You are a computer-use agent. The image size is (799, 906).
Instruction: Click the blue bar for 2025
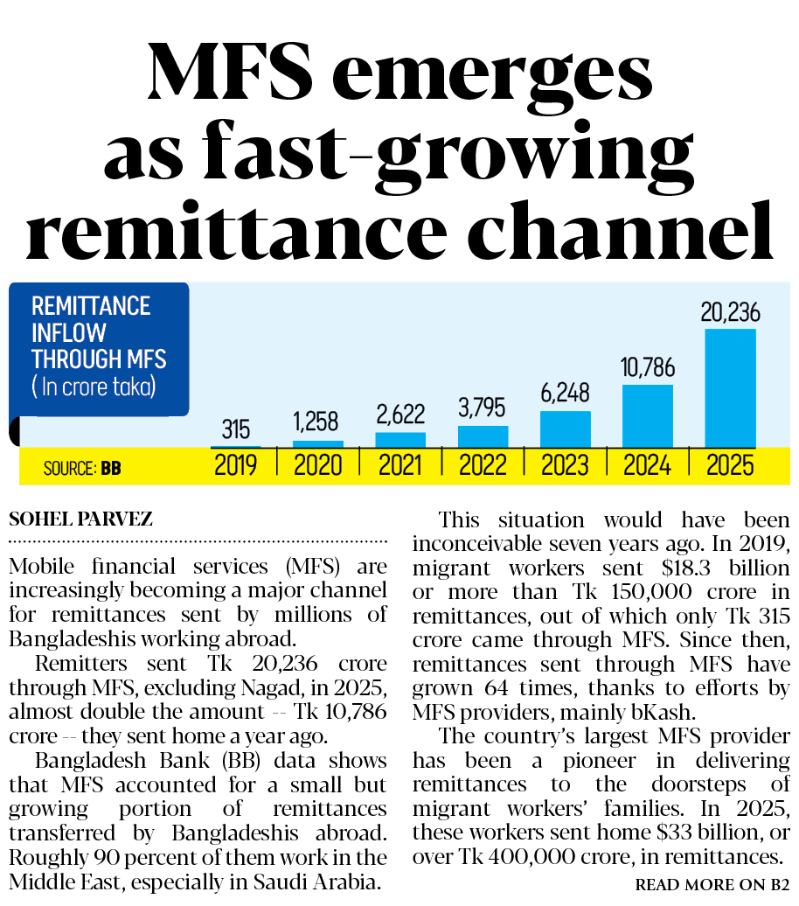[730, 388]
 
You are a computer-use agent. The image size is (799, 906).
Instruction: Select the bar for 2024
[648, 416]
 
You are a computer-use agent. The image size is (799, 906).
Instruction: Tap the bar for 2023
[566, 429]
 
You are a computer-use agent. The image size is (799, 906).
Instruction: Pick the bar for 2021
[400, 440]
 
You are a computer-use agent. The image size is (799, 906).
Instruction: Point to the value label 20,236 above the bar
[730, 312]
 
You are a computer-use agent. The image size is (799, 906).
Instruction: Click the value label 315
[235, 429]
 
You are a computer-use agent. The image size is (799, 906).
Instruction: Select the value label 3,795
[483, 408]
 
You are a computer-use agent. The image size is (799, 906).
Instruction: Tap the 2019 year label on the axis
[236, 465]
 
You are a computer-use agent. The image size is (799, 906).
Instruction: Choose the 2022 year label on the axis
[483, 465]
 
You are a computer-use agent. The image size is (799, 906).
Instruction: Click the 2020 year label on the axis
[318, 465]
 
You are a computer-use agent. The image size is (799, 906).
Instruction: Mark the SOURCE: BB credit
[82, 469]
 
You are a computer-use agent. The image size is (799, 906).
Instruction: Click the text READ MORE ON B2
[712, 885]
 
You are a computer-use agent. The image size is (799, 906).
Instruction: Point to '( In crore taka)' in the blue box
[94, 387]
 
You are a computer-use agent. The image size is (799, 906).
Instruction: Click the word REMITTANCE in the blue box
[91, 306]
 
